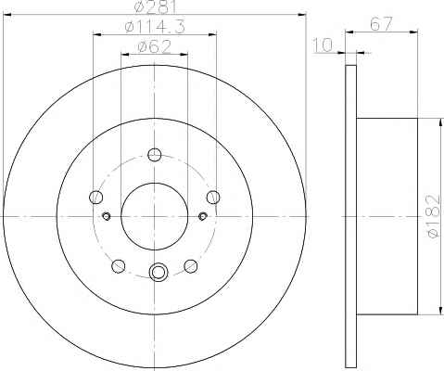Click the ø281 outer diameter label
click(x=156, y=7)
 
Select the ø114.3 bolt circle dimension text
click(x=155, y=27)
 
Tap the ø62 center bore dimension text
click(x=155, y=46)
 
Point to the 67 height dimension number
click(x=381, y=24)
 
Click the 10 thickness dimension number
click(x=323, y=45)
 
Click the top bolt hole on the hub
click(x=155, y=155)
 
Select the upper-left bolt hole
click(x=95, y=197)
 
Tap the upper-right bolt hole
click(x=213, y=197)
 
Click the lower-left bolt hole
click(x=119, y=266)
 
